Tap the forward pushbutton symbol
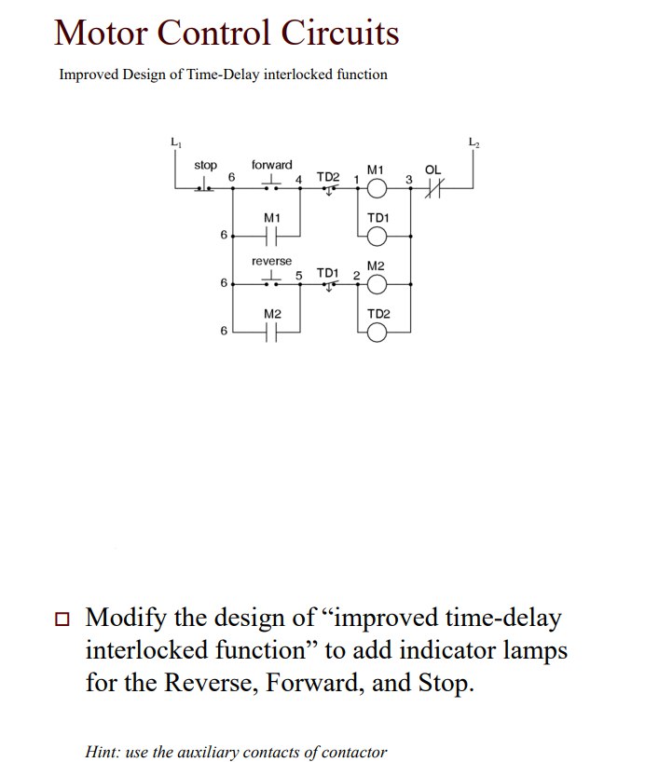[x=271, y=184]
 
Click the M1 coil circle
[x=377, y=188]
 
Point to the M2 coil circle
[x=377, y=284]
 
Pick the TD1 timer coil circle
[x=377, y=237]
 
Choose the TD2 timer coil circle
[x=377, y=333]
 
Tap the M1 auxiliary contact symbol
[x=271, y=237]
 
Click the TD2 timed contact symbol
[x=328, y=187]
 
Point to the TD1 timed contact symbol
[x=328, y=284]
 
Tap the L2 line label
[x=473, y=143]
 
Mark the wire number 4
[x=299, y=178]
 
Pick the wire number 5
[x=299, y=275]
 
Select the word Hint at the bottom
[x=102, y=752]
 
